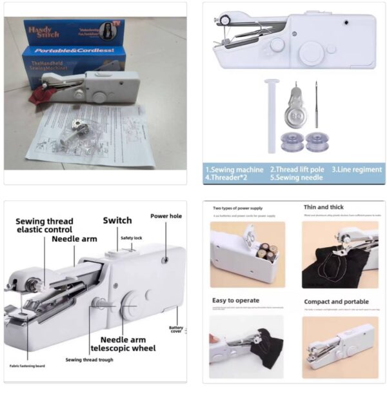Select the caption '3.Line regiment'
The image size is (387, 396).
357,169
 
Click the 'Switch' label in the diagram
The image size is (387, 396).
117,221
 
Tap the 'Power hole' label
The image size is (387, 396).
166,216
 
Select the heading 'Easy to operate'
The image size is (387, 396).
235,301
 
